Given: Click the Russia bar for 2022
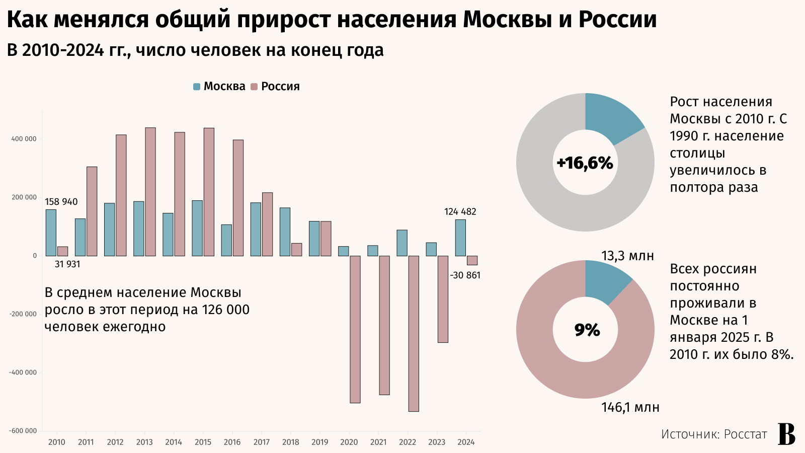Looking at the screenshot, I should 414,333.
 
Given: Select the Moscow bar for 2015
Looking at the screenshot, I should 197,228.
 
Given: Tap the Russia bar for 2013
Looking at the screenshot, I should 150,192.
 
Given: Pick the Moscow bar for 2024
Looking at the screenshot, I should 460,238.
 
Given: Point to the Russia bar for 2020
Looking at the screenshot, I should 355,329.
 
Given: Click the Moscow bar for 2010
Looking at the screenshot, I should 51,233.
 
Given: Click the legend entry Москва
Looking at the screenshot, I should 219,87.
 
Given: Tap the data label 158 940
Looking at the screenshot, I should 61,202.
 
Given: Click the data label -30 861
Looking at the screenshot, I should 465,275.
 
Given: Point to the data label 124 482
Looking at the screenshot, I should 460,212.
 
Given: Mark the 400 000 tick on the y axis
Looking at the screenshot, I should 24,139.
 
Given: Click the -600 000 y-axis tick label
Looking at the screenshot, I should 23,431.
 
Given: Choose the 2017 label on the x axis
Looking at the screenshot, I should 261,442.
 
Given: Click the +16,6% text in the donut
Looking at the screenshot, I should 585,163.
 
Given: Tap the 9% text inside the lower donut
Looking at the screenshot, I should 587,330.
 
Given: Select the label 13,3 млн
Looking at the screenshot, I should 627,256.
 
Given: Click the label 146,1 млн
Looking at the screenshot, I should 630,407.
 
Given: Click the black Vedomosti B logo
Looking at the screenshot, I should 786,434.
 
